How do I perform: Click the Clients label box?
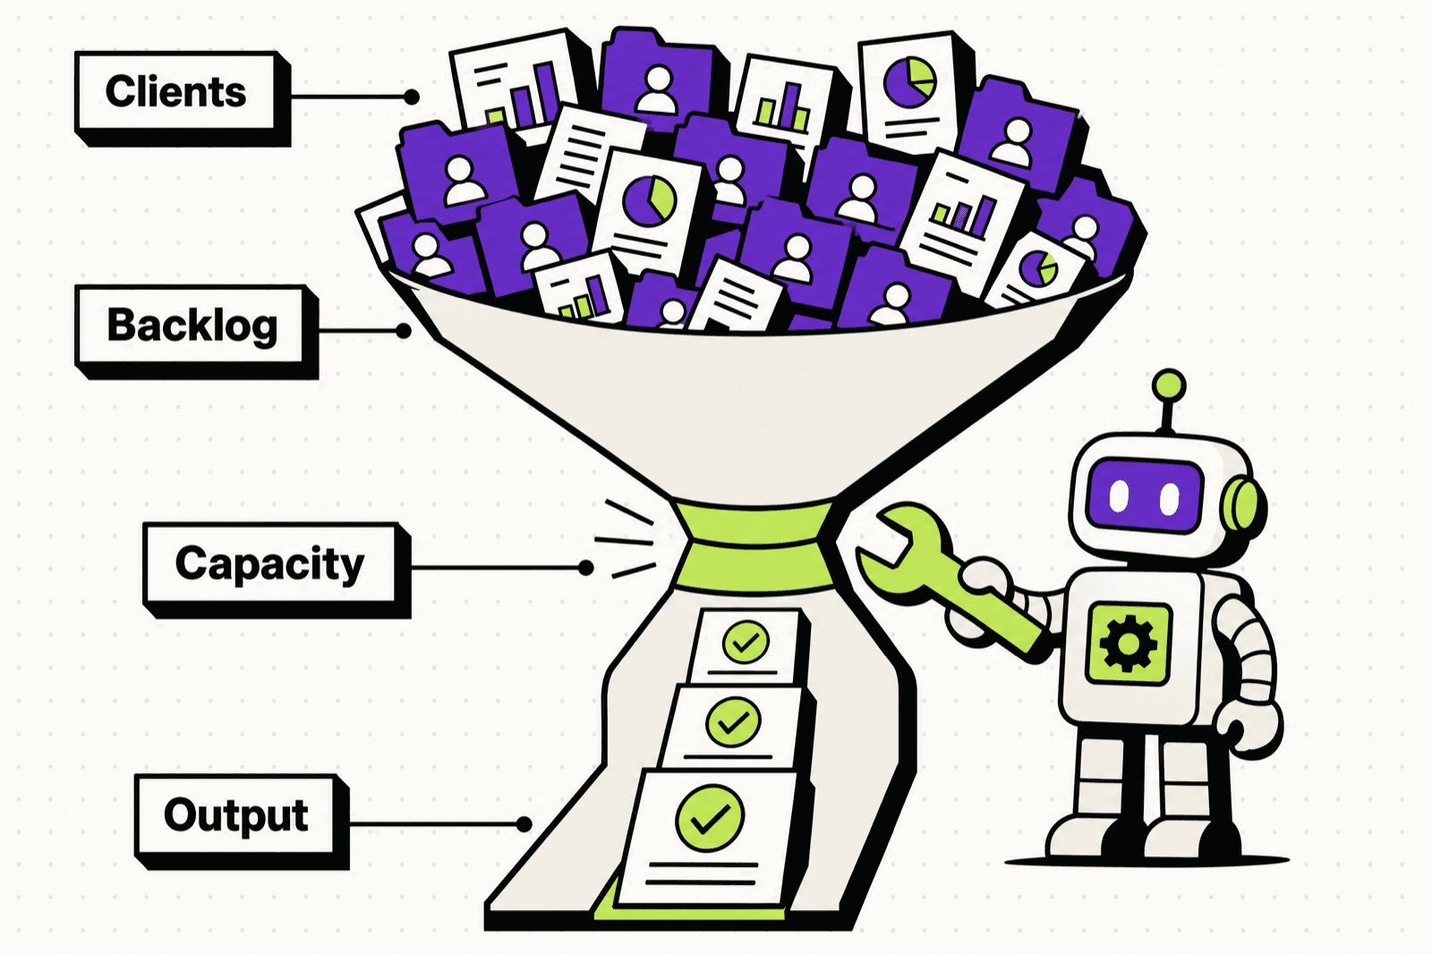point(183,98)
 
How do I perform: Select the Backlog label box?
point(196,331)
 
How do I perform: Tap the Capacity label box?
point(277,570)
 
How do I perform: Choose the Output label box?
point(242,821)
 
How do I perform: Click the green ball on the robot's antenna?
point(1169,387)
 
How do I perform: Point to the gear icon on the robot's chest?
point(1129,643)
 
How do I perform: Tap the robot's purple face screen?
point(1145,496)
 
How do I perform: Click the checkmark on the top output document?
point(746,642)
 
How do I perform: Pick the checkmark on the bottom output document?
point(710,818)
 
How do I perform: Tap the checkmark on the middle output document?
point(733,722)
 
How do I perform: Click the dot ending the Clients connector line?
point(412,98)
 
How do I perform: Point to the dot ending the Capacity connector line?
point(585,567)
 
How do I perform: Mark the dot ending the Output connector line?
point(524,824)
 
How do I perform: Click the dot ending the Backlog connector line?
point(403,330)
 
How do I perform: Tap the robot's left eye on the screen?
point(1119,497)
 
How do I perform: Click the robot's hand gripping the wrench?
point(978,598)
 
